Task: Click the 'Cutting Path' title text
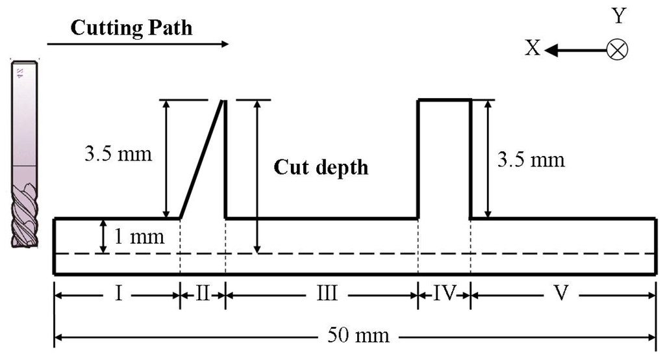tap(131, 28)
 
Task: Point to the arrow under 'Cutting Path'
tap(138, 44)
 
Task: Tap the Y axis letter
tap(618, 16)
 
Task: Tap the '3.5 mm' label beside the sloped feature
tap(118, 155)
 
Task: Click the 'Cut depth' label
tap(320, 167)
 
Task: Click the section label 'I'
tap(119, 294)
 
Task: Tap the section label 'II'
tap(202, 294)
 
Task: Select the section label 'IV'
tap(444, 294)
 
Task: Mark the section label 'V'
tap(562, 294)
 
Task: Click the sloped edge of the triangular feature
tap(201, 159)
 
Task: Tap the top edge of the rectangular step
tap(444, 100)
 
